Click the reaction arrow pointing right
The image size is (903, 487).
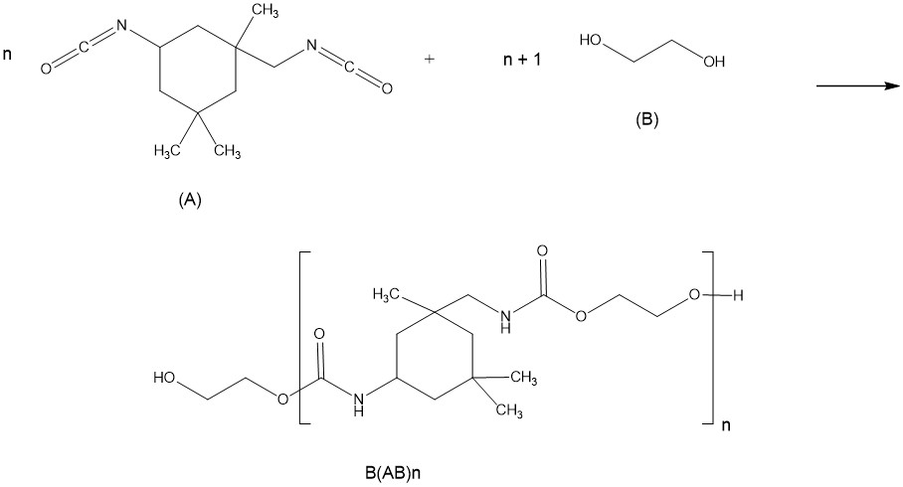coord(857,86)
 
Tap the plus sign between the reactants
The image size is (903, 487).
coord(430,59)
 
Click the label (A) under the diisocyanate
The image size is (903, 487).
coord(189,200)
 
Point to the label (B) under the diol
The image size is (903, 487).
coord(647,120)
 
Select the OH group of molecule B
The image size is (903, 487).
coord(712,62)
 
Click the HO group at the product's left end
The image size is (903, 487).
coord(165,378)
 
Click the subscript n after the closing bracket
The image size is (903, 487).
coord(725,427)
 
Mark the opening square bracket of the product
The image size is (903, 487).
coord(301,338)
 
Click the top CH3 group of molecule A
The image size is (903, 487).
coord(266,10)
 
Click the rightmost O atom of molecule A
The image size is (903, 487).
coord(386,90)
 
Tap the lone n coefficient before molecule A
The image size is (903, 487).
coord(8,52)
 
